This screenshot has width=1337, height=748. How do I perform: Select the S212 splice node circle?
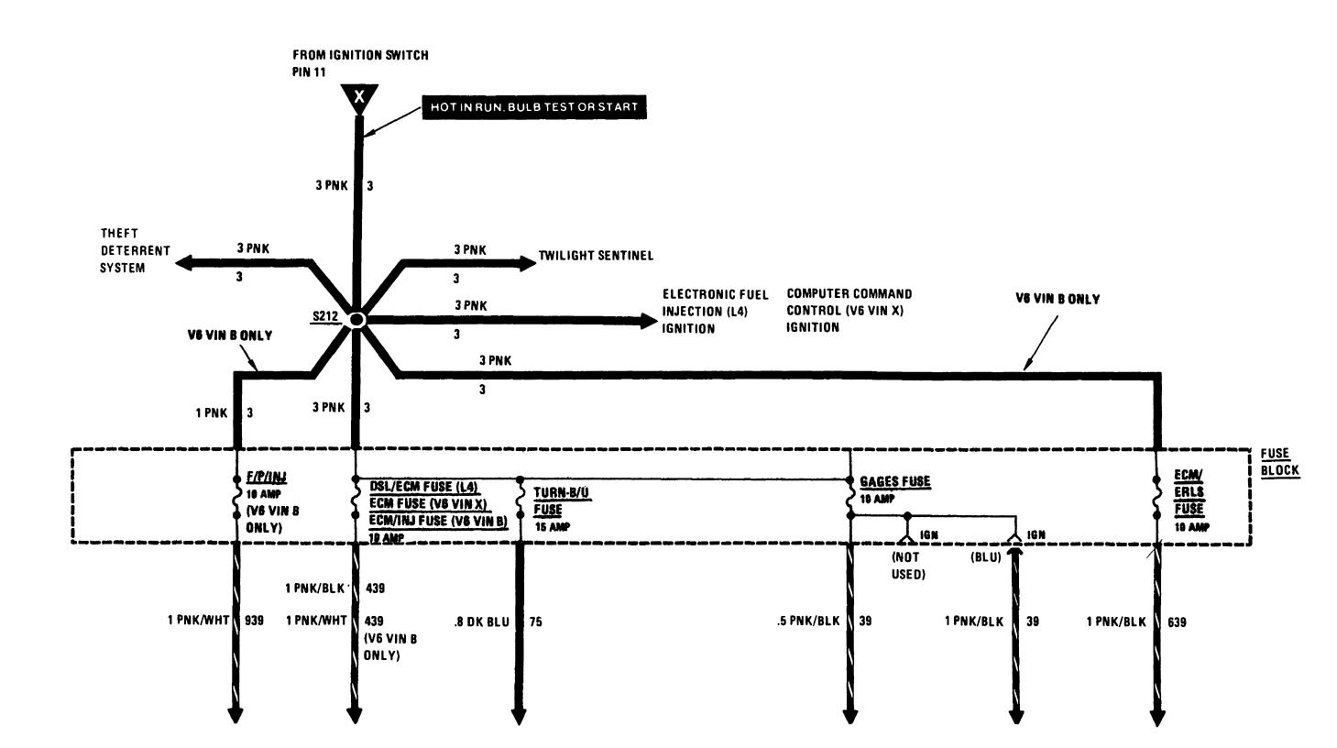356,319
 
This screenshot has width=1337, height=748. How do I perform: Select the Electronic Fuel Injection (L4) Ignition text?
702,311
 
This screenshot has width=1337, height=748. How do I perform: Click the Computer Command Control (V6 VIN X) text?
849,310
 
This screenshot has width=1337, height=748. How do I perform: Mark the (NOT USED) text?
908,565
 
